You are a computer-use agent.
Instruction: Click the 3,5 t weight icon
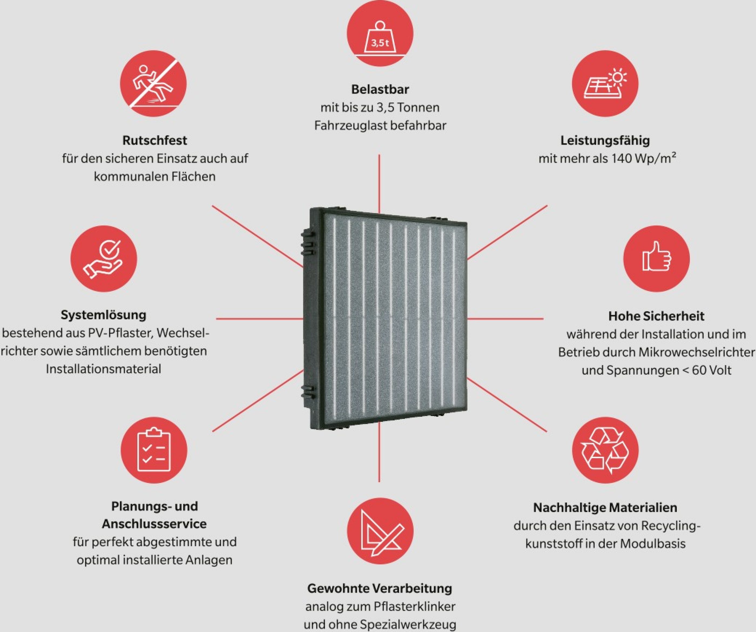coord(380,33)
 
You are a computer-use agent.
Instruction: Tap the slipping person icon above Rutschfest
coord(153,83)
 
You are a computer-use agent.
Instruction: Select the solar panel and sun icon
coord(605,83)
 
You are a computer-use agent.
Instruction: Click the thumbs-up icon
coord(656,258)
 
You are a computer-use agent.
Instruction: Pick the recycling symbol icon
coord(605,450)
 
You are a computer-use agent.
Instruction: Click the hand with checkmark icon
coord(104,258)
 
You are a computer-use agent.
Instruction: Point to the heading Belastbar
coord(380,89)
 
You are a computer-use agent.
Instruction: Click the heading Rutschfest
coord(155,140)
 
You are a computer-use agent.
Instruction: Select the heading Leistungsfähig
coord(605,140)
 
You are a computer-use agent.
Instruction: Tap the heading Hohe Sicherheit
coord(656,316)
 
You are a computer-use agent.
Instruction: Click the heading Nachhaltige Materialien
coord(605,507)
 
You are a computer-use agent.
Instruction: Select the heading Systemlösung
coord(104,315)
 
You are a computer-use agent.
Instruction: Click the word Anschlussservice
coord(154,524)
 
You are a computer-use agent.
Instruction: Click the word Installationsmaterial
coord(104,369)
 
